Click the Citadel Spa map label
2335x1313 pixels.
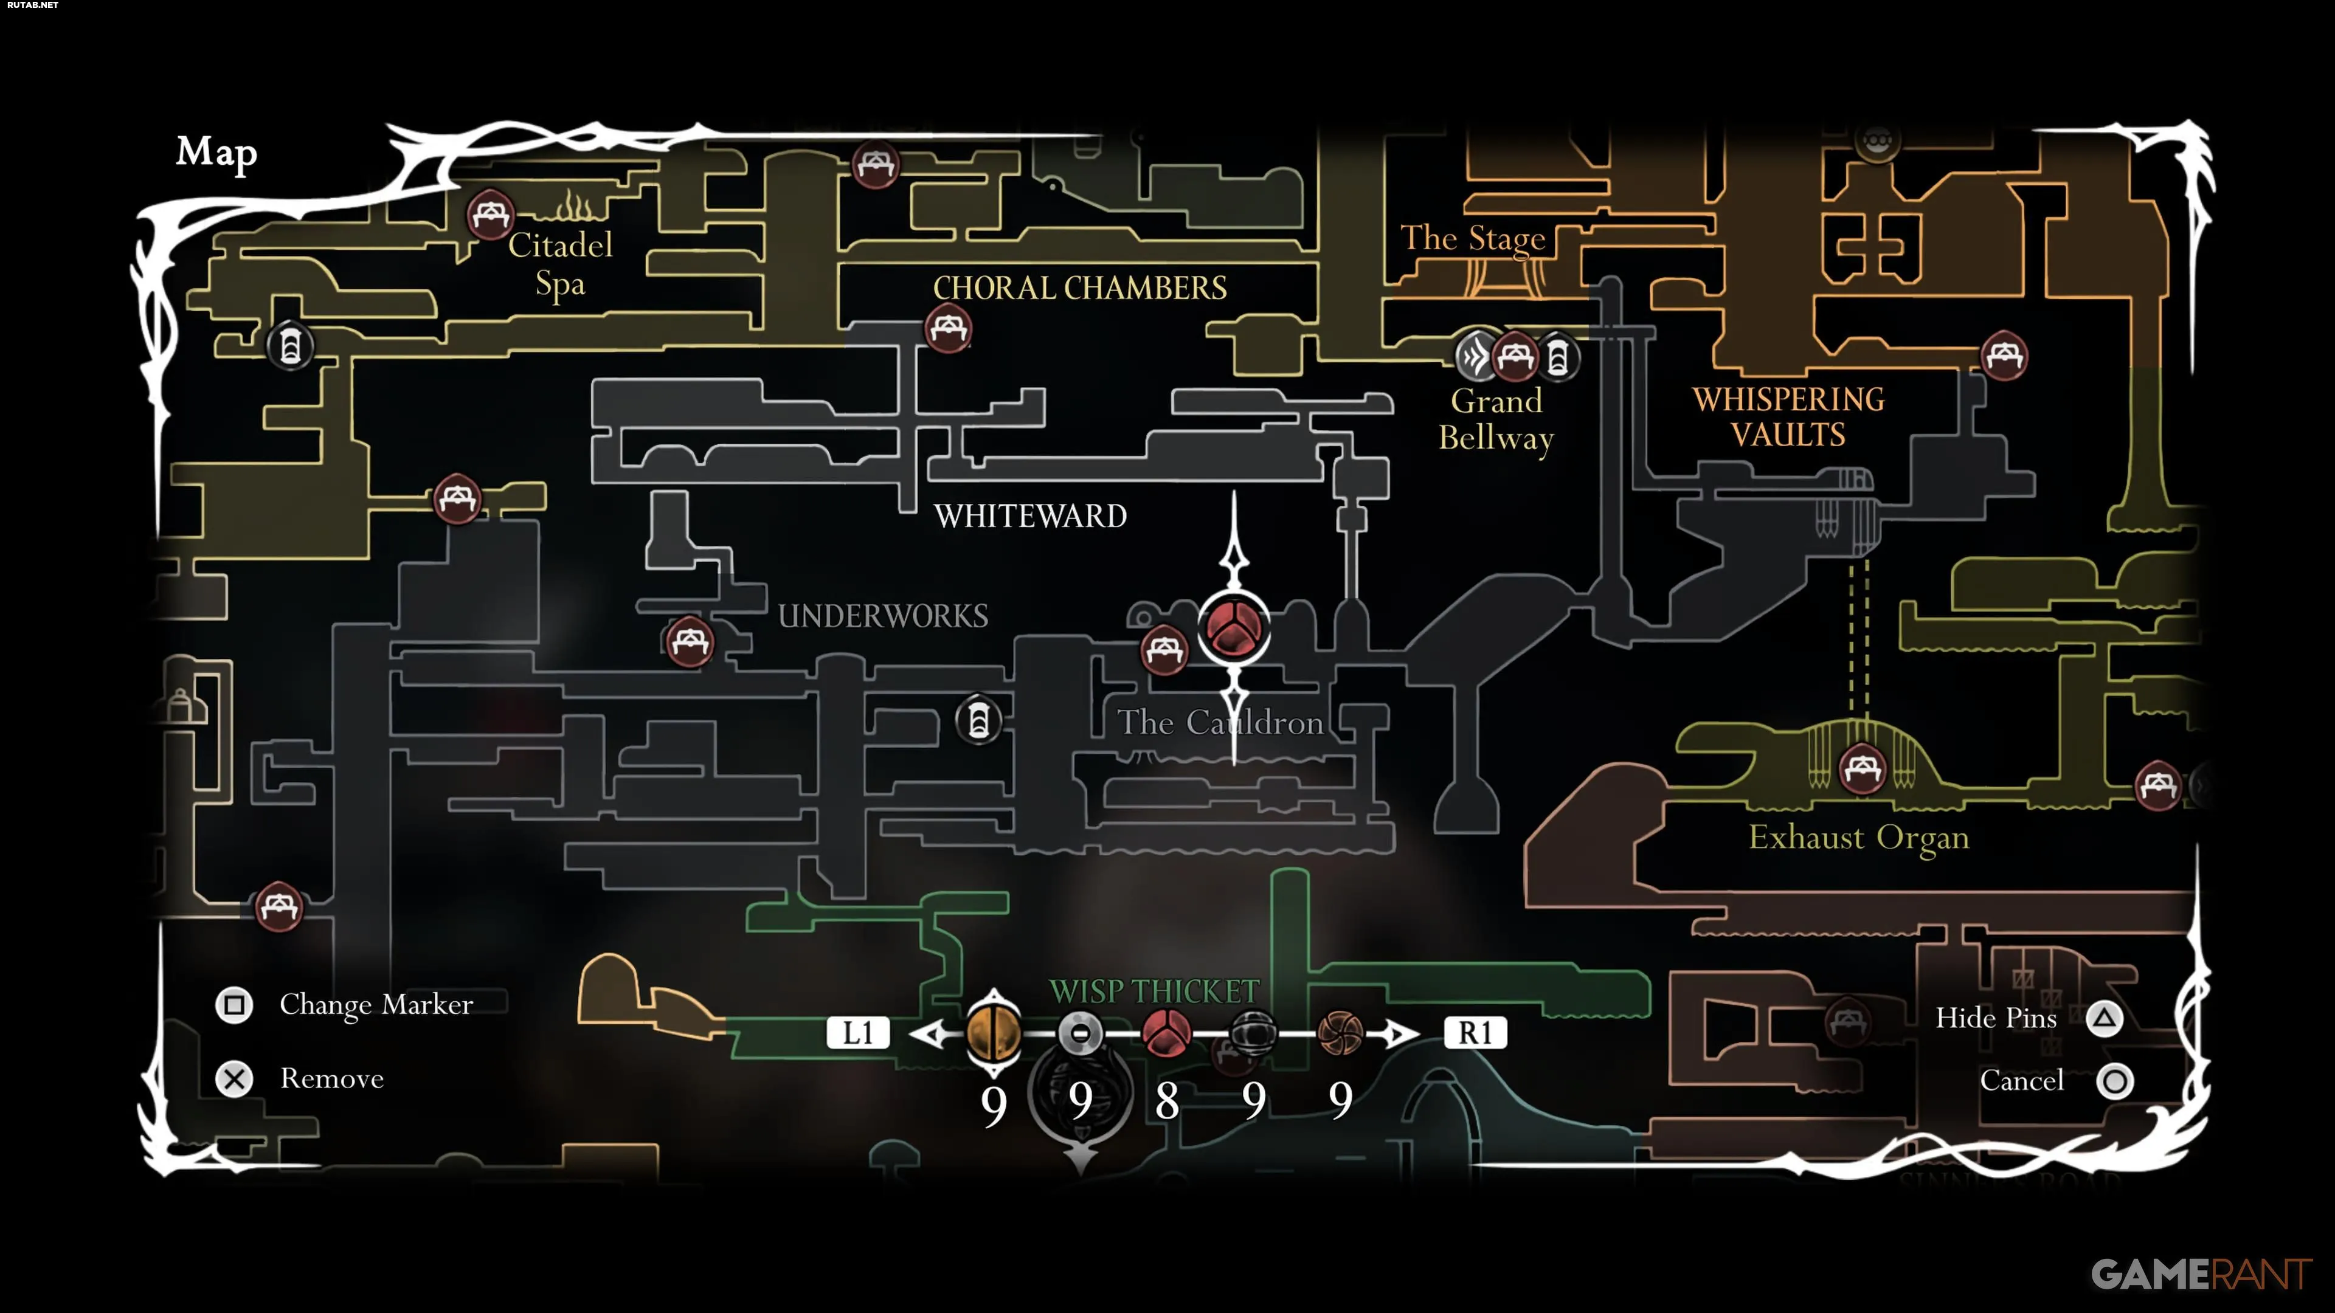pyautogui.click(x=560, y=264)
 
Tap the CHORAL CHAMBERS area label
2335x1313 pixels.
pyautogui.click(x=1079, y=288)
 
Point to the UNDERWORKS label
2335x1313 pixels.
pyautogui.click(x=883, y=616)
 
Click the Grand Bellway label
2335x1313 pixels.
pyautogui.click(x=1496, y=419)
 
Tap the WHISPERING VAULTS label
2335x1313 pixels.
pyautogui.click(x=1788, y=417)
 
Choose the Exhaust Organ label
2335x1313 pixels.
pyautogui.click(x=1858, y=837)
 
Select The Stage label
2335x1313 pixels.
pyautogui.click(x=1472, y=238)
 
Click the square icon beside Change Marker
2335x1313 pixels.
pyautogui.click(x=234, y=1005)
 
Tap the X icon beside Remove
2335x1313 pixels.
pyautogui.click(x=234, y=1079)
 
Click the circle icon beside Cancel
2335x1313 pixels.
pyautogui.click(x=2115, y=1081)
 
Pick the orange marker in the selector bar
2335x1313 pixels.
pyautogui.click(x=994, y=1033)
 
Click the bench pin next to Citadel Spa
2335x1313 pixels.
pyautogui.click(x=490, y=215)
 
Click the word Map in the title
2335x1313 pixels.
pyautogui.click(x=216, y=152)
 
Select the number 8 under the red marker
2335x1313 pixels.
pyautogui.click(x=1167, y=1101)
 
